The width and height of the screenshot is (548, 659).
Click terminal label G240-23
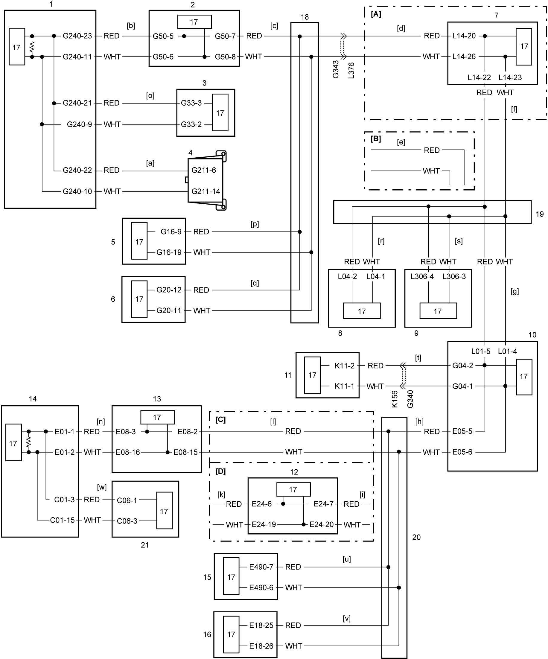77,36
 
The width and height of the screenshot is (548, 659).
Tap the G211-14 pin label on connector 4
206,191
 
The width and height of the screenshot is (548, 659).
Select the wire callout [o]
150,96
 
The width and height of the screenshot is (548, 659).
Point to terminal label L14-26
464,57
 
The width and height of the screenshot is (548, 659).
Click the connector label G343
336,69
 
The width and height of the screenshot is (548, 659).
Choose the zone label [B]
376,139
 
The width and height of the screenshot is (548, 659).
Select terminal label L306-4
422,276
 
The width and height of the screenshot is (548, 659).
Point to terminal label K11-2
345,366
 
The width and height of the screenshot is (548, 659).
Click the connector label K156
395,399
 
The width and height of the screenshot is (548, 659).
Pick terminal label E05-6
462,452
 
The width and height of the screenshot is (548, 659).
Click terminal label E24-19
264,525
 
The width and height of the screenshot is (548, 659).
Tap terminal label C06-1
127,500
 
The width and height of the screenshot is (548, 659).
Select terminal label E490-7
261,567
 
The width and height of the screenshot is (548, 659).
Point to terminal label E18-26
261,646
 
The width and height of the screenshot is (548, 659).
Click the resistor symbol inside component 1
32,46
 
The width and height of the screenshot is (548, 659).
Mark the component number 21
145,545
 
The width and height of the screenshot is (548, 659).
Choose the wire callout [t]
418,358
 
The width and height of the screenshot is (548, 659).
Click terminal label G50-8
225,57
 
